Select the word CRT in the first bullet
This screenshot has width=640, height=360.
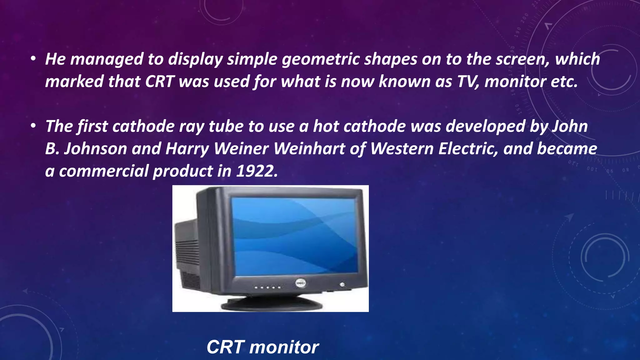(x=159, y=82)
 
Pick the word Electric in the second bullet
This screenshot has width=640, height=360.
(x=468, y=149)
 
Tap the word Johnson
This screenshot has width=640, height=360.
(x=95, y=149)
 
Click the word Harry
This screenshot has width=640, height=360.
(x=187, y=149)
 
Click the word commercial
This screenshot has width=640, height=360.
(x=103, y=171)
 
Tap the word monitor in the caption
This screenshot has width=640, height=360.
(x=284, y=347)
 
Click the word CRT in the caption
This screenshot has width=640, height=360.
(x=225, y=347)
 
